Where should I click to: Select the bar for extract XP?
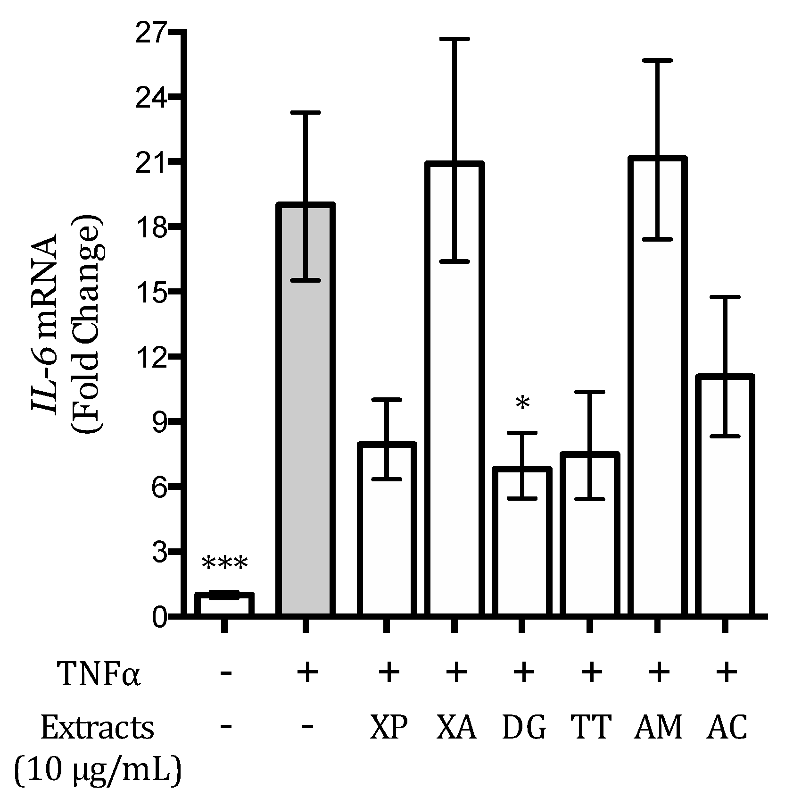(387, 533)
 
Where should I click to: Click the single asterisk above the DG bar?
(522, 405)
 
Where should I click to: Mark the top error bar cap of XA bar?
(454, 39)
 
